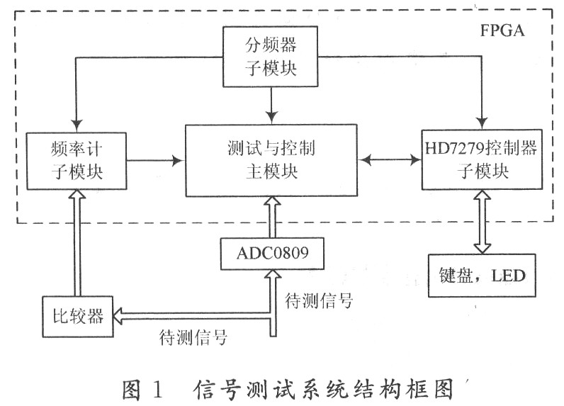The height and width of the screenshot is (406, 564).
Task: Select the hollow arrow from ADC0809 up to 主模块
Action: [271, 216]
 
